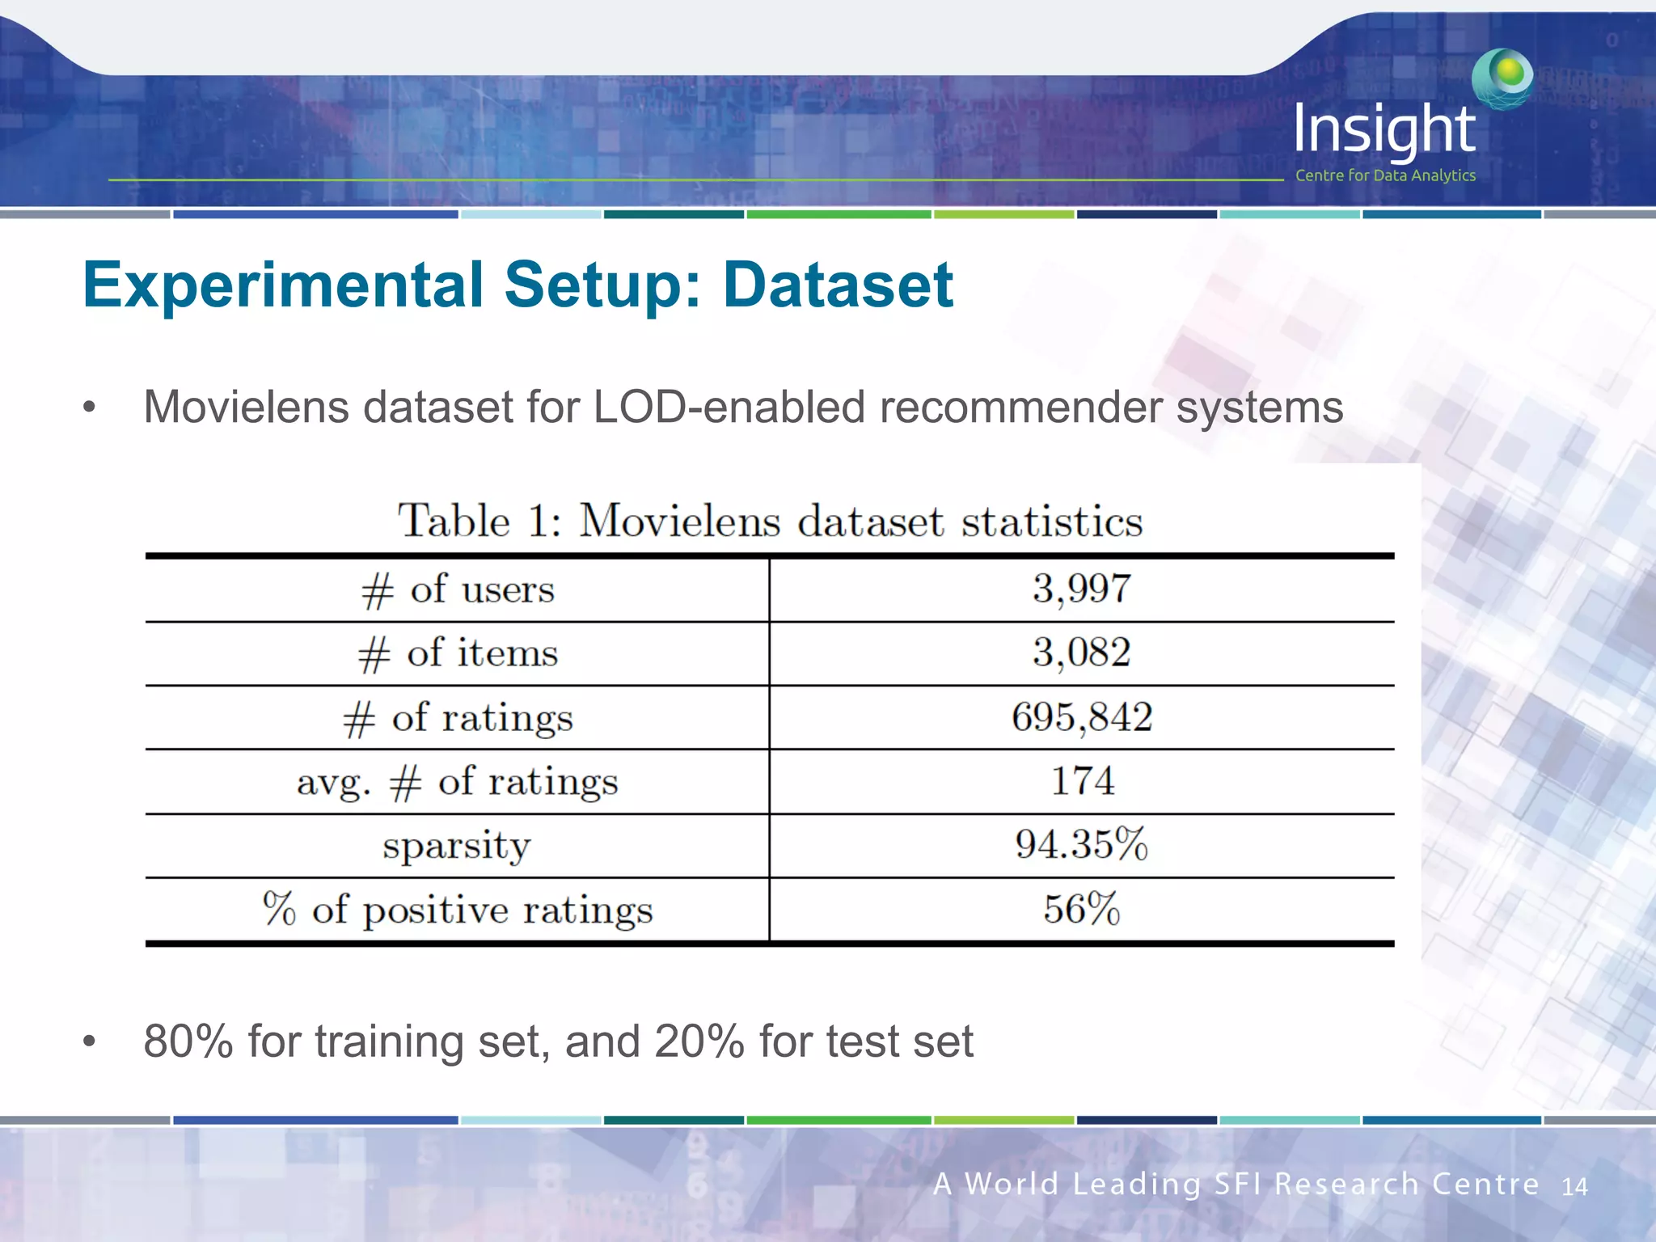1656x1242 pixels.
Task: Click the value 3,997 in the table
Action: (1081, 589)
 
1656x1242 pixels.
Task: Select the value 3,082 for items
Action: (1081, 653)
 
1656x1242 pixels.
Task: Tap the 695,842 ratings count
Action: (1081, 717)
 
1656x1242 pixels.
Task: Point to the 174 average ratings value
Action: (1082, 781)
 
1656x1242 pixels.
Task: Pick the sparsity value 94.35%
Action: (1081, 845)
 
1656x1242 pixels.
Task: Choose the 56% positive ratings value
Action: (1081, 909)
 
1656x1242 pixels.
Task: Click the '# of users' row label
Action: (458, 589)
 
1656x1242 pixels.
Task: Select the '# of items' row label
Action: (458, 653)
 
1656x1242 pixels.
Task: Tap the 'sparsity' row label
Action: (457, 847)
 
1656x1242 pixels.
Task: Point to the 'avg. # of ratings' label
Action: (458, 782)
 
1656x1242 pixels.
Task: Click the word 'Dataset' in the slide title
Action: (838, 285)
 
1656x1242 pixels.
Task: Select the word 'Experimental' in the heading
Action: (283, 286)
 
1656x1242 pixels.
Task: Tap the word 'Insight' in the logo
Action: (1384, 129)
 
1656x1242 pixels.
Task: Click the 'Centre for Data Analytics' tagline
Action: (1385, 175)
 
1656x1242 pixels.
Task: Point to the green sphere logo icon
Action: (1503, 78)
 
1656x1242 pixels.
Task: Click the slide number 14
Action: (1574, 1187)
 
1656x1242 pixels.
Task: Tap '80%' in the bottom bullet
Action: (188, 1041)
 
